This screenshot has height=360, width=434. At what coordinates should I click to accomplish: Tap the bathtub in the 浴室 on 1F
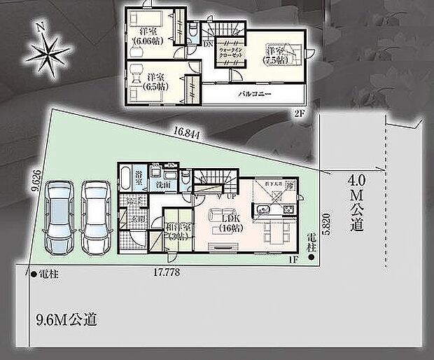point(125,178)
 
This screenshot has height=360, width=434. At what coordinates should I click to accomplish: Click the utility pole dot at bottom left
point(33,273)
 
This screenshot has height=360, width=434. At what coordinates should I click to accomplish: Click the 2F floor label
point(299,111)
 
